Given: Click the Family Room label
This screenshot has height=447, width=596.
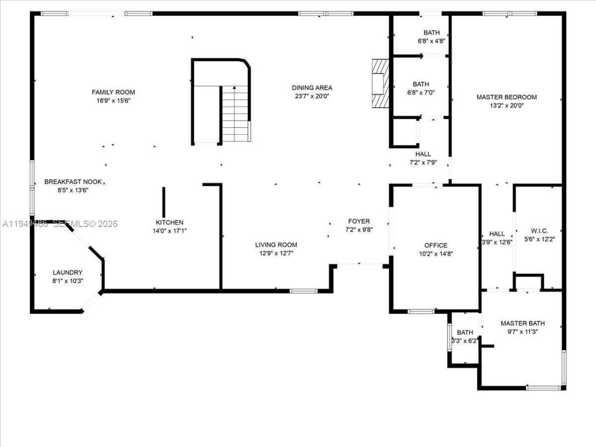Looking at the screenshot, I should click(x=113, y=92).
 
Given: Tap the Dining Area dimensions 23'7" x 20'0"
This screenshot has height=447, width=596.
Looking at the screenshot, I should click(x=312, y=96).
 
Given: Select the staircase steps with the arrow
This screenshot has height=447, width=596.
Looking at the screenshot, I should click(x=236, y=114).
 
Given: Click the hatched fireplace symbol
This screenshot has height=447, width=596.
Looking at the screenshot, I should click(x=380, y=84).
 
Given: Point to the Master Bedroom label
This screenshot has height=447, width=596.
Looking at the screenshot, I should click(x=506, y=97).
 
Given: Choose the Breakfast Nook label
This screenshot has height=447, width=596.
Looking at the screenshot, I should click(x=73, y=182).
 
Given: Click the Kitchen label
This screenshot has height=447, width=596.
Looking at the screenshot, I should click(x=169, y=223).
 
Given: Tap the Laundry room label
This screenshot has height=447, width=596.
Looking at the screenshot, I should click(x=68, y=272).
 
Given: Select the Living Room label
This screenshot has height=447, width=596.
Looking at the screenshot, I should click(x=276, y=244).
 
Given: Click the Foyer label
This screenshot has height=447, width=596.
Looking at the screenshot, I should click(x=359, y=221).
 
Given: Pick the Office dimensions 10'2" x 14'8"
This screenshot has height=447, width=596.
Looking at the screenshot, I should click(x=435, y=254).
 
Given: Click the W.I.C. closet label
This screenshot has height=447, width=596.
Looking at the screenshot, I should click(x=539, y=230).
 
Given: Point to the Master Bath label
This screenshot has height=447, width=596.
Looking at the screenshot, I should click(x=522, y=323).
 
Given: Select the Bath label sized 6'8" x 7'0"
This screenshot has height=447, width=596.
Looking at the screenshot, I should click(x=420, y=84).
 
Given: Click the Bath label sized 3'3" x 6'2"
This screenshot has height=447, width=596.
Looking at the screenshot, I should click(x=465, y=332).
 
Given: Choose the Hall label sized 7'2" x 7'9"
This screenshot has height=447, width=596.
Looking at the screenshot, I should click(x=423, y=154).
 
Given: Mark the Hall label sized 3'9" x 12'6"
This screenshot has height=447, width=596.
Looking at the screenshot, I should click(x=497, y=234).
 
